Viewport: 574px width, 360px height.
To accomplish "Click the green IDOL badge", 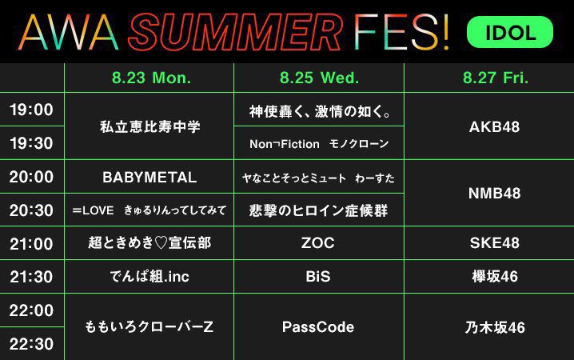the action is tap(510, 32).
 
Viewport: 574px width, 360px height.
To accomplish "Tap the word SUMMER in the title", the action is tap(235, 32).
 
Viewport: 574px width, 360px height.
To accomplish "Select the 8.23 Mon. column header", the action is tap(152, 78).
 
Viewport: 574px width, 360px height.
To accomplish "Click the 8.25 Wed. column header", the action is tap(319, 78).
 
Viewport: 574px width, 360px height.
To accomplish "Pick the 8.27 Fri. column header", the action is tap(496, 78).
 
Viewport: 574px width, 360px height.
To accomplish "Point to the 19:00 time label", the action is tap(31, 110).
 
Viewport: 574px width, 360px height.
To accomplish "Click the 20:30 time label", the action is tap(31, 210).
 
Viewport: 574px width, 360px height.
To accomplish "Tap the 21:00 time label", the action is tap(31, 243).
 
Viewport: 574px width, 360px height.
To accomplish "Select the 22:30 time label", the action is tap(31, 344).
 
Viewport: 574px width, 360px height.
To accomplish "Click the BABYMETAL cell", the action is tap(149, 178).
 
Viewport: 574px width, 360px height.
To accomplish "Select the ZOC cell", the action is tap(317, 243).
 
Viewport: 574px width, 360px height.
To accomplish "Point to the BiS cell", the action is tap(317, 277).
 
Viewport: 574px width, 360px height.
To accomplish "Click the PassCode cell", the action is tap(318, 326).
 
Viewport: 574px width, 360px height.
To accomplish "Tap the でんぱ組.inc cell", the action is tap(149, 277).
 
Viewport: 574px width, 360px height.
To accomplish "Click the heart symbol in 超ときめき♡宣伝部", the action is tap(161, 243).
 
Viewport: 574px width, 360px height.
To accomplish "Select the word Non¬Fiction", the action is tap(285, 144).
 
